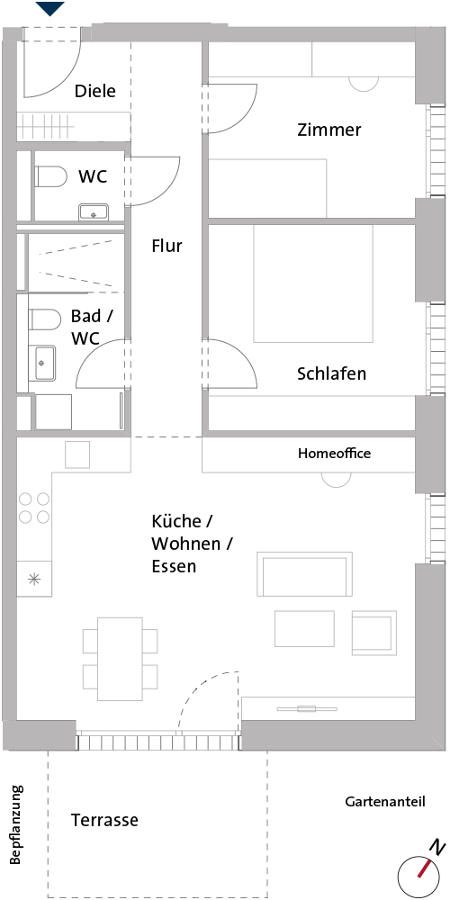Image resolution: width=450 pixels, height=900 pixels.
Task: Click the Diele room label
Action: click(x=95, y=91)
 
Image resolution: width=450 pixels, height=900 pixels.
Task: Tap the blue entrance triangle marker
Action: click(x=49, y=7)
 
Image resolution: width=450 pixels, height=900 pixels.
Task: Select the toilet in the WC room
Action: click(x=50, y=176)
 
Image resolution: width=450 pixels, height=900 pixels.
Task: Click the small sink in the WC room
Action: click(x=93, y=211)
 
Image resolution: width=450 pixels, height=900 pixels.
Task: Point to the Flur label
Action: click(x=166, y=246)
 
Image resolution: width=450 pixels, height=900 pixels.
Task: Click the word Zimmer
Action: click(x=328, y=130)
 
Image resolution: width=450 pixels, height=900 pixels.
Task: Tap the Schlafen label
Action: click(x=332, y=373)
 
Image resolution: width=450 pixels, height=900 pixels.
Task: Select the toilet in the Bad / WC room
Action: click(x=45, y=320)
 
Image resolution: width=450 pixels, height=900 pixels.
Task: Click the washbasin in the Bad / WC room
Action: click(x=45, y=363)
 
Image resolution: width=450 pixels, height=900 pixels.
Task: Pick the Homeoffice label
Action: click(x=334, y=454)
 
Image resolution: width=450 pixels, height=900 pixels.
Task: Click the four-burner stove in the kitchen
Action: click(x=34, y=508)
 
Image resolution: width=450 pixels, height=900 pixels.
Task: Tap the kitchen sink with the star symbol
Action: click(x=34, y=579)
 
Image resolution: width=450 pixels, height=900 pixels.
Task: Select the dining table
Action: click(x=120, y=659)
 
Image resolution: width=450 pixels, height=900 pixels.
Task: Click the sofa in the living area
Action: click(x=305, y=574)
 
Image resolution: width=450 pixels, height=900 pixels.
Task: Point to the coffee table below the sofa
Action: click(x=305, y=629)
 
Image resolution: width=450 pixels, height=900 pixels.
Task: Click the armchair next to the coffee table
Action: click(x=374, y=633)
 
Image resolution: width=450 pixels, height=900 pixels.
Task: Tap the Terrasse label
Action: click(x=104, y=820)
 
